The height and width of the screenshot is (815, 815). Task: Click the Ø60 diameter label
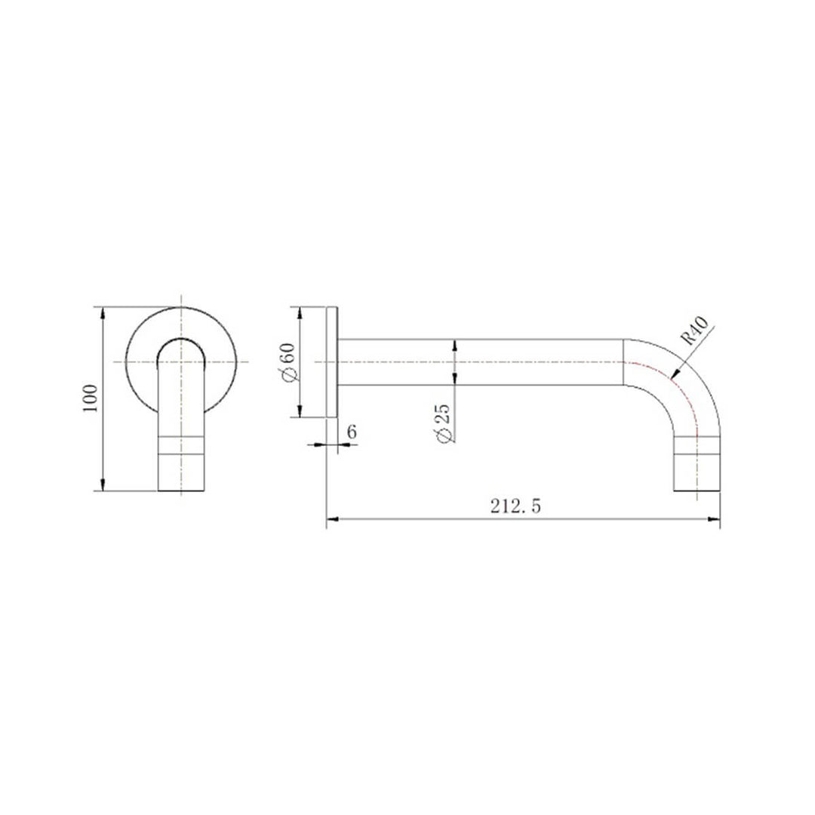286,362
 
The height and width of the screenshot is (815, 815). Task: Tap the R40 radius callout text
692,332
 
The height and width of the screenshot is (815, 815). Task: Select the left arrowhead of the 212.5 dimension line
332,519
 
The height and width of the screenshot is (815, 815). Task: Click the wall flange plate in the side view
331,362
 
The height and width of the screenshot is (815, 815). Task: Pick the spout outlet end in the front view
181,483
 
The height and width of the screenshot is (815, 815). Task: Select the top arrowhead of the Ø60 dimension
300,312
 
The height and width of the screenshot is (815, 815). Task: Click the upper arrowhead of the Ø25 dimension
454,345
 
